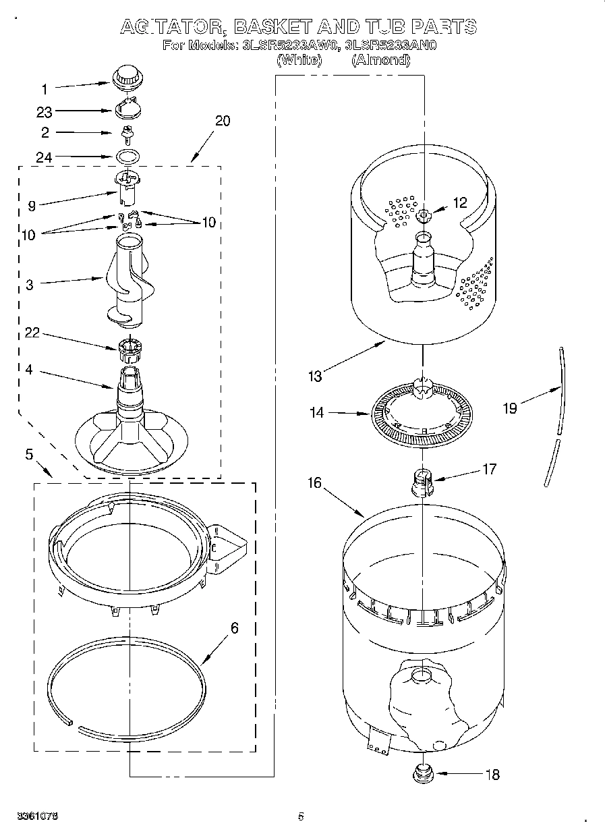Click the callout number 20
pyautogui.click(x=222, y=121)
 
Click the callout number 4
pyautogui.click(x=29, y=370)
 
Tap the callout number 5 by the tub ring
pyautogui.click(x=29, y=454)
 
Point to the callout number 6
pyautogui.click(x=234, y=628)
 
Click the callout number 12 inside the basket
pyautogui.click(x=459, y=202)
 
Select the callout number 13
pyautogui.click(x=316, y=377)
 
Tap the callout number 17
pyautogui.click(x=489, y=468)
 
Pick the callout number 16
pyautogui.click(x=315, y=482)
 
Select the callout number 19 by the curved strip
pyautogui.click(x=510, y=408)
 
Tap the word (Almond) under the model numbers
pyautogui.click(x=380, y=60)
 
